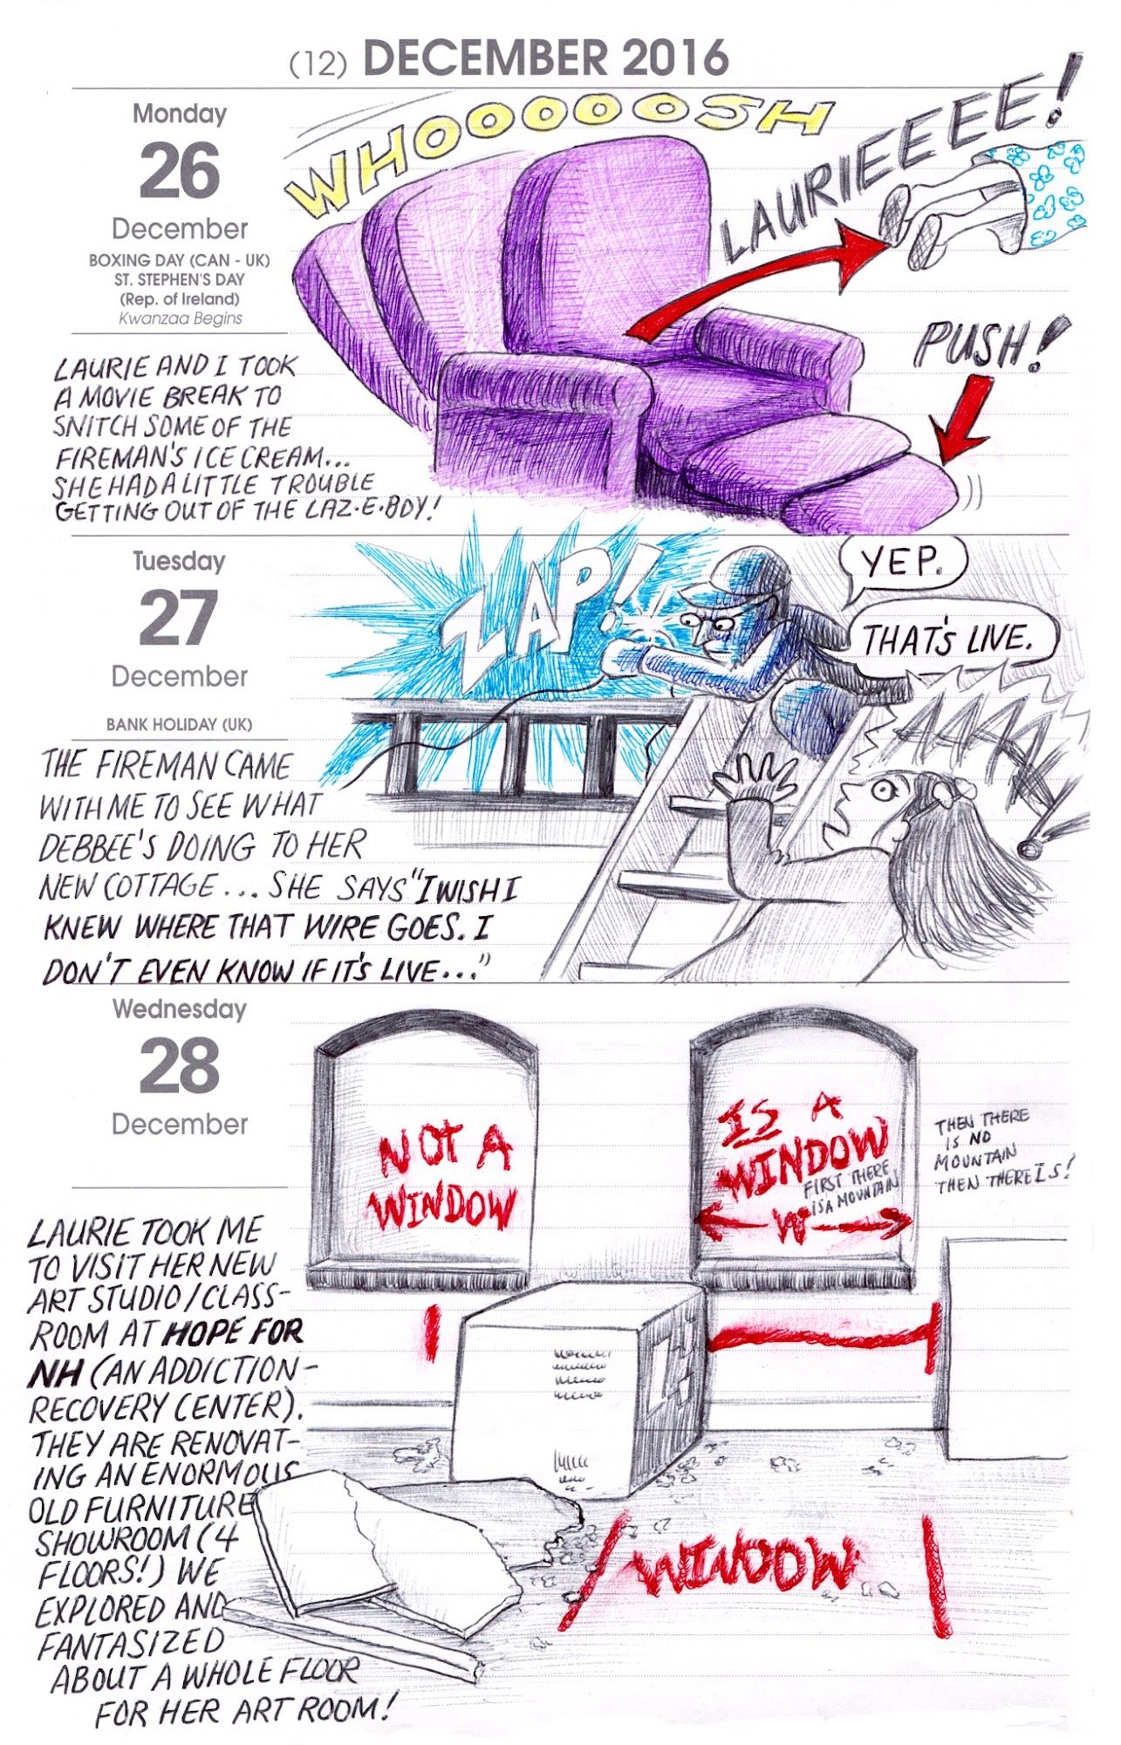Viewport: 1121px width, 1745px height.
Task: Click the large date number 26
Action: [180, 171]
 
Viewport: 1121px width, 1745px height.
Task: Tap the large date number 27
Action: [180, 618]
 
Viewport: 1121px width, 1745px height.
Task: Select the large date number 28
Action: [180, 1066]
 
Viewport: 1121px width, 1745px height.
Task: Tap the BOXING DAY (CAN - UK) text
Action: [180, 261]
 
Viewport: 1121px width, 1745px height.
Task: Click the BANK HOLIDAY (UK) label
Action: [180, 725]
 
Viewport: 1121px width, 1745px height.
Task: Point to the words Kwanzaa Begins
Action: [180, 318]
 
